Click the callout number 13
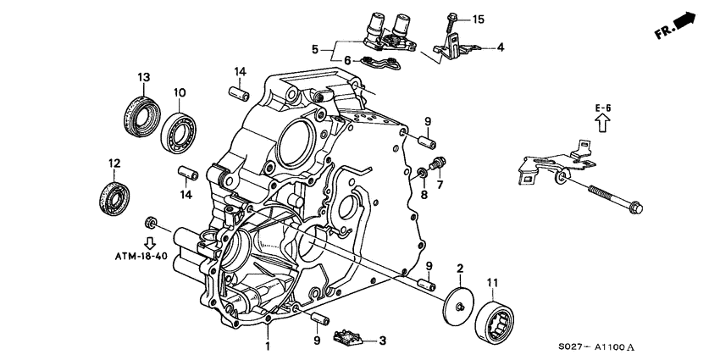coord(144,77)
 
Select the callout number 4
coord(500,47)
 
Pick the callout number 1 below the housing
coord(269,346)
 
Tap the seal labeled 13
coord(139,109)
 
